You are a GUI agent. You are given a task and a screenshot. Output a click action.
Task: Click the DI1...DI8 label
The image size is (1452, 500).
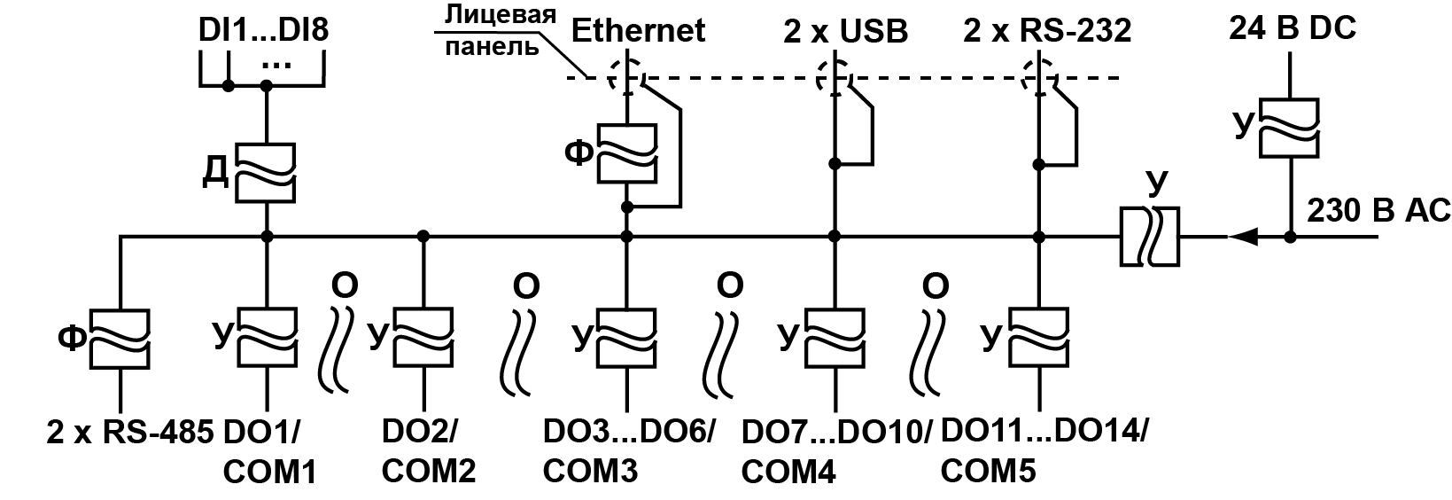[x=264, y=31]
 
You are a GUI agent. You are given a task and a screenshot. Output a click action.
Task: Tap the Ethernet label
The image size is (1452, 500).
[x=638, y=30]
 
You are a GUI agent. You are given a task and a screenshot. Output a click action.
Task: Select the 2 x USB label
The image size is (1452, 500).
[x=845, y=32]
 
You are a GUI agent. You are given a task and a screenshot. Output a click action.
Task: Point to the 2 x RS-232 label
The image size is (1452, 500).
[x=1047, y=32]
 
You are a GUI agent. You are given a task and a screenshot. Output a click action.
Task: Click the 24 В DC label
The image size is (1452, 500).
[x=1292, y=29]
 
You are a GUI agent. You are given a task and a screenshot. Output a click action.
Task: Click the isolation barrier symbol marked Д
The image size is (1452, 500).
[x=267, y=172]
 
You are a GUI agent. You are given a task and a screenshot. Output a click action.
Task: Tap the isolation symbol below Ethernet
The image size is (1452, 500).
[x=627, y=152]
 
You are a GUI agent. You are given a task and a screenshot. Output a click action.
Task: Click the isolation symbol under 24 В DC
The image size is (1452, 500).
[x=1290, y=129]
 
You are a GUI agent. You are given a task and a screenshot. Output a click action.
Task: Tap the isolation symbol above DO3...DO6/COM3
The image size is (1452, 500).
[x=627, y=337]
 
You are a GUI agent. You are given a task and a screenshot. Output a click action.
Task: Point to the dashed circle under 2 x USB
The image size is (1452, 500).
[x=834, y=76]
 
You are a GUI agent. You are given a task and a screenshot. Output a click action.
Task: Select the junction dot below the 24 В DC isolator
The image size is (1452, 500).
[x=1290, y=237]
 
